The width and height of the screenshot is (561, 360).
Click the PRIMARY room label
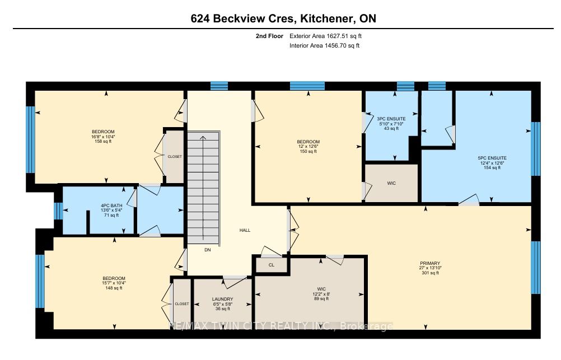coord(429,263)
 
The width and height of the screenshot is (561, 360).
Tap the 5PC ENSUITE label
coord(492,158)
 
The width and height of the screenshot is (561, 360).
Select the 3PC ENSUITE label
coord(391,119)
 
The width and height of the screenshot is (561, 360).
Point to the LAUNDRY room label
coord(222,299)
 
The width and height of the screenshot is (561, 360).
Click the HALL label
coord(245,230)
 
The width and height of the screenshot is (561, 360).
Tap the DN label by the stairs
coord(208,250)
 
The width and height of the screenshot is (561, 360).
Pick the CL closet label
coord(271,265)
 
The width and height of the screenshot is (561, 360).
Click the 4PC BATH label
coord(111,205)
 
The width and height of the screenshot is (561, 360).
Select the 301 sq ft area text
coord(430,273)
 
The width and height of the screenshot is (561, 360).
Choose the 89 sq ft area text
coord(321,298)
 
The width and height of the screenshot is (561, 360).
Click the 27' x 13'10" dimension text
coord(430,268)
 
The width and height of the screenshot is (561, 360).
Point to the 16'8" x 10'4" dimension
coord(103,137)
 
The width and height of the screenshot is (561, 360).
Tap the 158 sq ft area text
coord(103,141)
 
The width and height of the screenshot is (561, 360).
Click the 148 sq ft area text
coord(114,288)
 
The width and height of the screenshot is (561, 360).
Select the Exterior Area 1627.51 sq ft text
coord(325,36)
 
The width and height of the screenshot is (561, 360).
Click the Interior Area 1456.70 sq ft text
coord(325,45)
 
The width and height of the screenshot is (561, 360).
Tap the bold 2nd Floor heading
coord(269,36)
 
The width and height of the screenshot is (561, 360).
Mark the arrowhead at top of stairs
coord(203,138)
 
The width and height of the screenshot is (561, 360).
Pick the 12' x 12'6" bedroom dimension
coord(308,146)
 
